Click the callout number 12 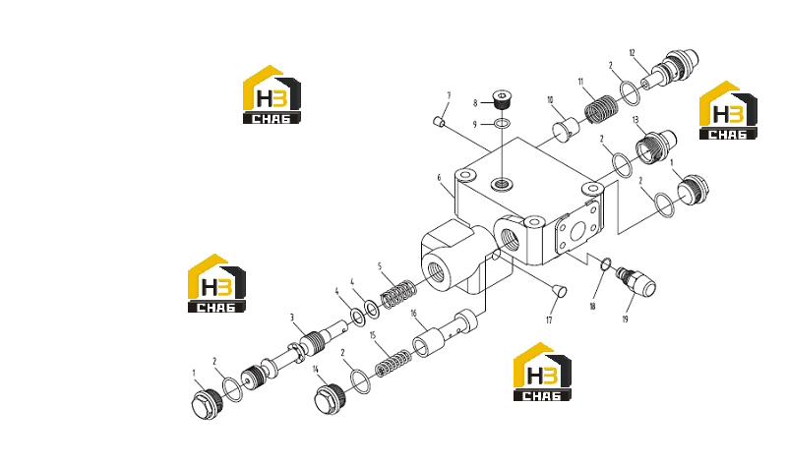(632, 53)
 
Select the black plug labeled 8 (501, 99)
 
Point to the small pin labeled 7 (438, 121)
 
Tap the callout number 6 (439, 178)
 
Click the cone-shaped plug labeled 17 (559, 291)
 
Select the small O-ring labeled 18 (606, 263)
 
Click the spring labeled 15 (393, 364)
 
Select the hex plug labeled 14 (330, 399)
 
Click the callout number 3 (291, 318)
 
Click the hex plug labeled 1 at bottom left (208, 403)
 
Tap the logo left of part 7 (272, 94)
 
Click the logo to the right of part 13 (728, 110)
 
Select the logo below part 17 (542, 372)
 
